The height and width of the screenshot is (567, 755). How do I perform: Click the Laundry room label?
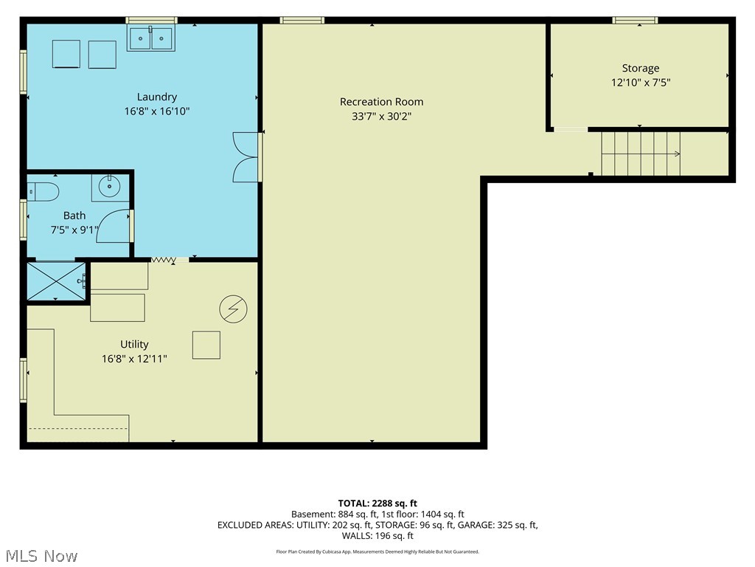[156, 97]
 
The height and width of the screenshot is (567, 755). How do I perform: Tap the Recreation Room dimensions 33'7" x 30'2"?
[381, 116]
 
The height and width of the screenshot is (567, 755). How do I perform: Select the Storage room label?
[641, 69]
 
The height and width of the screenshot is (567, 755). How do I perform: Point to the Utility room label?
[134, 344]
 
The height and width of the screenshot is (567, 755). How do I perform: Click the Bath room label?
[74, 216]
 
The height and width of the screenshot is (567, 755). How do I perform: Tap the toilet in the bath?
[43, 192]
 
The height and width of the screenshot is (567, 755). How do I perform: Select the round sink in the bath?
[110, 187]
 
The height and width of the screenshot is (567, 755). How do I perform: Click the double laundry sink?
[151, 38]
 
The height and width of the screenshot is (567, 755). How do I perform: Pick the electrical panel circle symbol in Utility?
[233, 309]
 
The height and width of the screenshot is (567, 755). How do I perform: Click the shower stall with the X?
[56, 281]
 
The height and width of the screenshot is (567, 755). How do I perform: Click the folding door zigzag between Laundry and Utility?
[164, 261]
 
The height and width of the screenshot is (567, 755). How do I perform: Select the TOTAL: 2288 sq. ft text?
[377, 504]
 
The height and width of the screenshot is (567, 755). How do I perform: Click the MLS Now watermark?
[42, 556]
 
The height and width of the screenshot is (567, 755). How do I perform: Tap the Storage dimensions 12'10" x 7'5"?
[641, 83]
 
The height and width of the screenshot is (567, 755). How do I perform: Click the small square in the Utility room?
[206, 345]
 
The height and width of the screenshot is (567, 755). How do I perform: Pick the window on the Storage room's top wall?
[635, 20]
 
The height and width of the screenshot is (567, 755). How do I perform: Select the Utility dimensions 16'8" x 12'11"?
[134, 359]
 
